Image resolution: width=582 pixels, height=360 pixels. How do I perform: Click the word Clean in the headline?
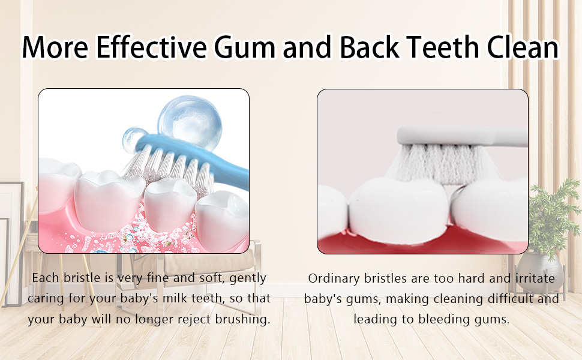[522, 47]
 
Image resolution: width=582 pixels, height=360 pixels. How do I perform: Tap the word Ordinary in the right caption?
[334, 279]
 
